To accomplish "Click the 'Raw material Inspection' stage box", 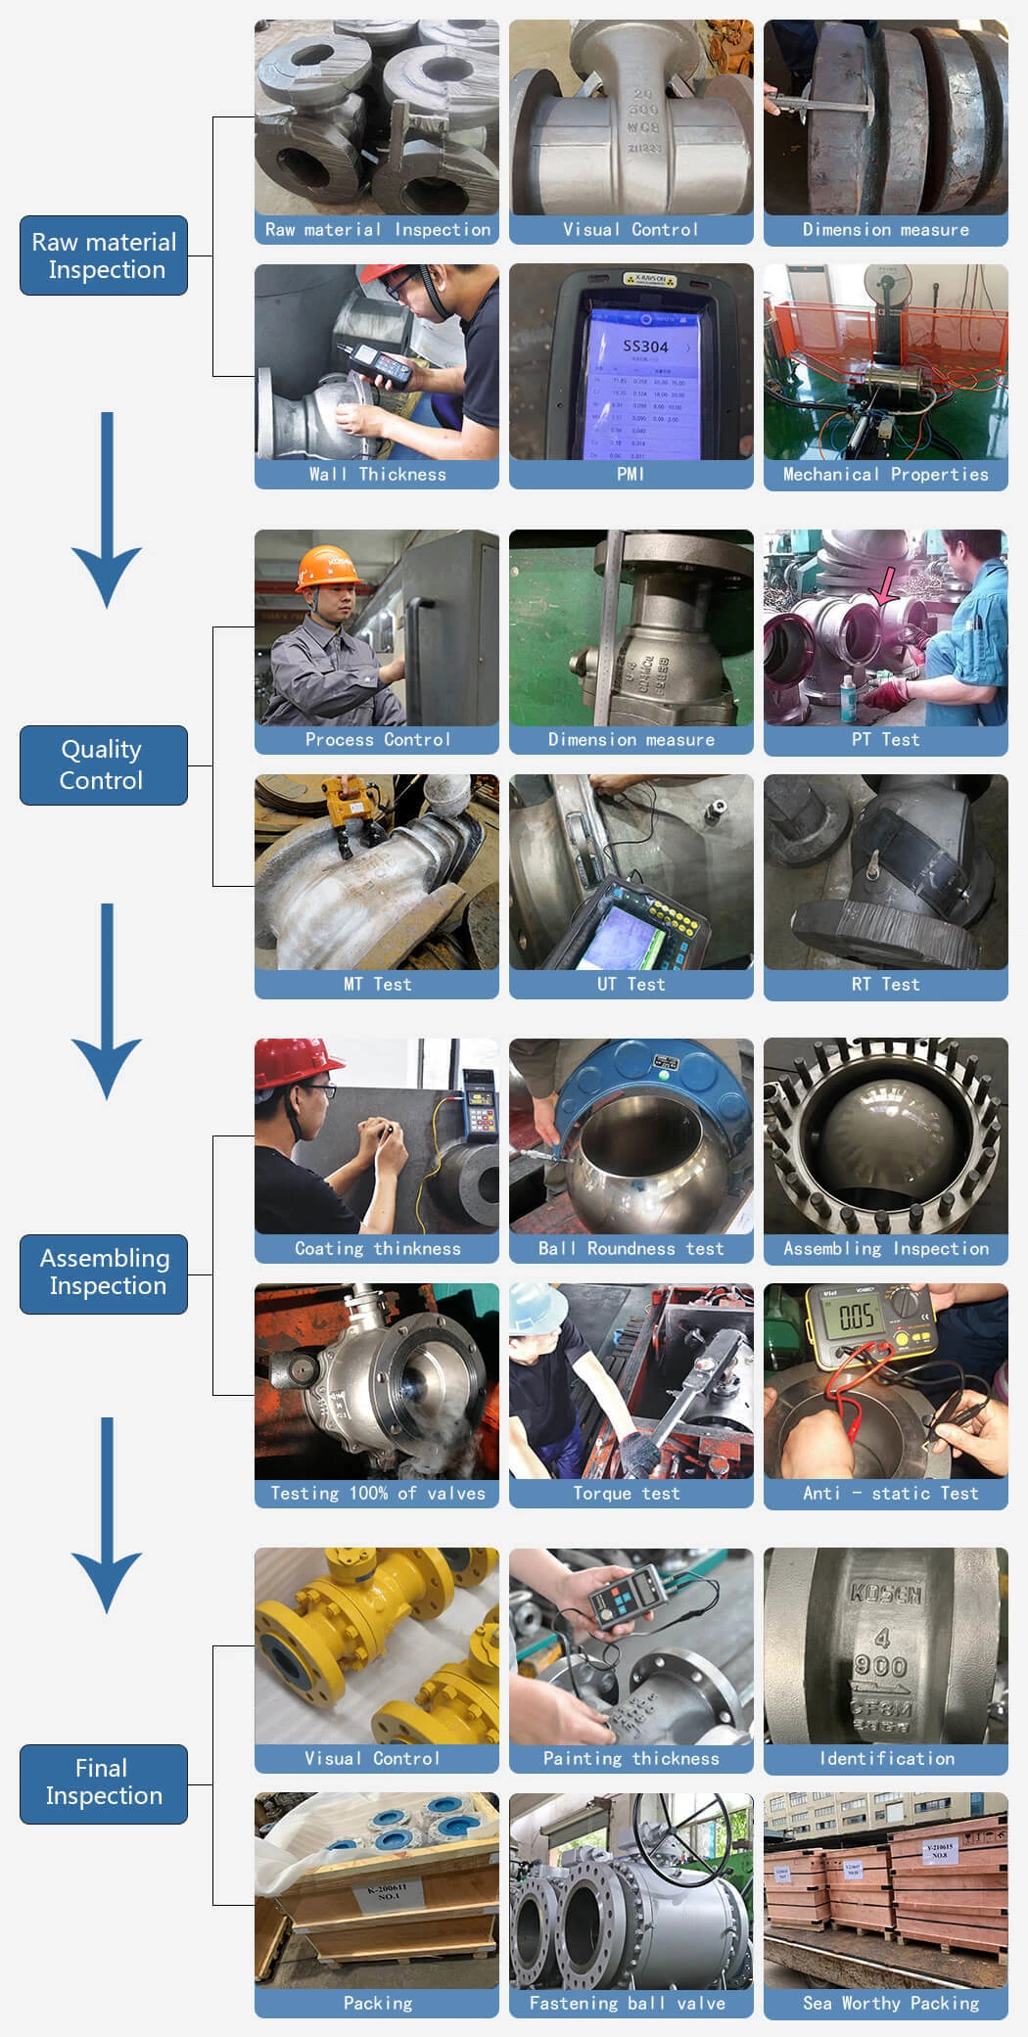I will pos(104,255).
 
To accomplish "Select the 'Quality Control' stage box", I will pos(104,764).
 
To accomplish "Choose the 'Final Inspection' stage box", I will pos(104,1782).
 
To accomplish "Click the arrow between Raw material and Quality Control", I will pos(107,509).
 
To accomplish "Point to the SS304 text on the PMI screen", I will pos(645,347).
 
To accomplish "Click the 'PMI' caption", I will pos(631,474).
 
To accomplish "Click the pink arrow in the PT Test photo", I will pos(883,587).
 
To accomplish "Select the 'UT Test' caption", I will pos(631,984).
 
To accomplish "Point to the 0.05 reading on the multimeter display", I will pos(855,1317).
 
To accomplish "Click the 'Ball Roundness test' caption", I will pos(631,1248).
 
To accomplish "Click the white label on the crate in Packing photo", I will pos(389,1891).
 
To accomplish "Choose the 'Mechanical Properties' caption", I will pos(885,474).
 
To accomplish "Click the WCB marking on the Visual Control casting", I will pos(643,127).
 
